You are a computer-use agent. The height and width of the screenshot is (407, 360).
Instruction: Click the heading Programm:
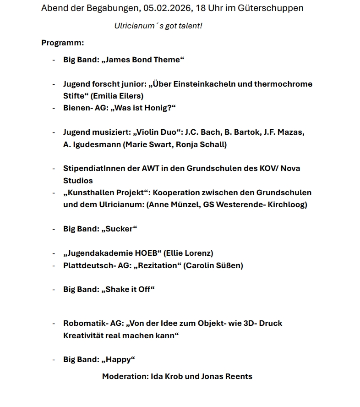point(63,43)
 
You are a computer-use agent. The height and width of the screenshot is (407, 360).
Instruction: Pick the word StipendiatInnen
point(94,168)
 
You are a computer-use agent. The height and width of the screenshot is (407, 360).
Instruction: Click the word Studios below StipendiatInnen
point(78,181)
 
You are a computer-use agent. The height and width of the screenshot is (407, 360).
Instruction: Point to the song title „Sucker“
point(119,229)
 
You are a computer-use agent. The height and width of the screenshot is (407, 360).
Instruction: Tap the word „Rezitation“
point(157,265)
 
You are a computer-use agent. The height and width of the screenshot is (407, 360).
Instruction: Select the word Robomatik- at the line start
point(81,323)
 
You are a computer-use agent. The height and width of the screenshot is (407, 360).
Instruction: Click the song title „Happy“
point(118,359)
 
